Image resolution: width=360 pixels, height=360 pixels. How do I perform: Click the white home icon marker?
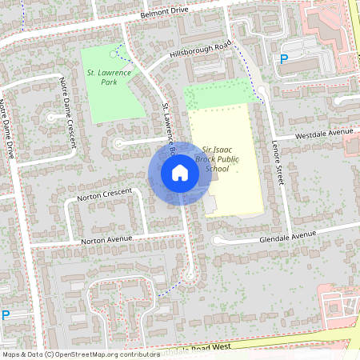click(x=180, y=172)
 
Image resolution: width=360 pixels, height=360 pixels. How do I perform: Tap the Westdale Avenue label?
click(x=324, y=133)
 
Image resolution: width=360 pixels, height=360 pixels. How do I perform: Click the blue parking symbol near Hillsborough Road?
click(x=283, y=59)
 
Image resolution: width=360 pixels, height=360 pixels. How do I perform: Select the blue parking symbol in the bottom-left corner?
click(x=6, y=315)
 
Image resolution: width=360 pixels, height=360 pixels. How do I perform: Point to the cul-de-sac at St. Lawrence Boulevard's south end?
click(x=190, y=277)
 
